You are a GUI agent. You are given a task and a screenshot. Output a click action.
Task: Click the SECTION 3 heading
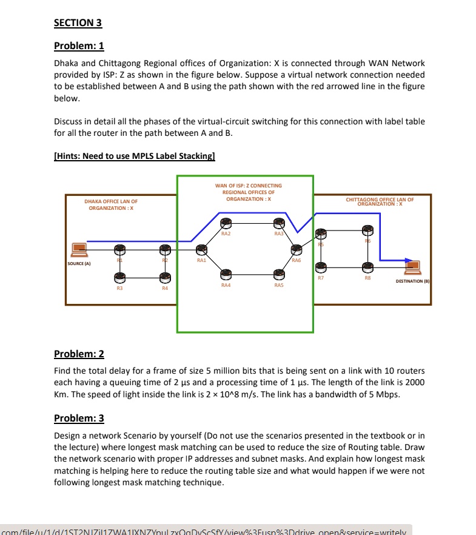pyautogui.click(x=78, y=23)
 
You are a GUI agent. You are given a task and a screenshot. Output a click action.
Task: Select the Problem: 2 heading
pyautogui.click(x=79, y=354)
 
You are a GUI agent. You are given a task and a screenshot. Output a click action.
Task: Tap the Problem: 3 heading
pyautogui.click(x=79, y=419)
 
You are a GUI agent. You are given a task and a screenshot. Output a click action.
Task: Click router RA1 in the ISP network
pyautogui.click(x=201, y=249)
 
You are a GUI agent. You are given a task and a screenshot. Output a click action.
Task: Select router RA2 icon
pyautogui.click(x=226, y=223)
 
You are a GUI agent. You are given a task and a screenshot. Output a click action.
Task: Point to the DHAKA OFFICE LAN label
pyautogui.click(x=110, y=204)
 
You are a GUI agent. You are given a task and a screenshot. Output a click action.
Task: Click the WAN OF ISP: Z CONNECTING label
pyautogui.click(x=248, y=186)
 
